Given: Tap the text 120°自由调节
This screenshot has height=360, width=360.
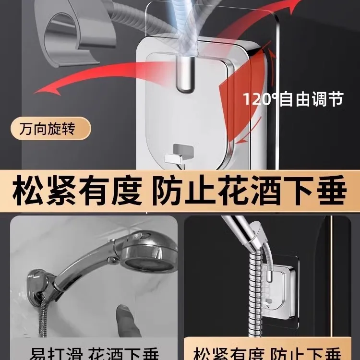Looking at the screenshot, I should [x=293, y=99].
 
